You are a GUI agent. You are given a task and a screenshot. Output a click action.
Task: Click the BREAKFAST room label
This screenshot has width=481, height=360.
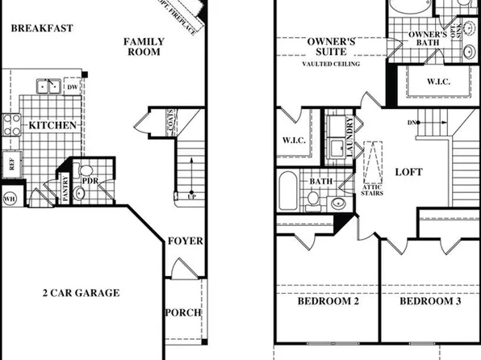point(42,28)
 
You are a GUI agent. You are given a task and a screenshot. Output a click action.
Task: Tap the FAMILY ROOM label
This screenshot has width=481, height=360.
point(144,47)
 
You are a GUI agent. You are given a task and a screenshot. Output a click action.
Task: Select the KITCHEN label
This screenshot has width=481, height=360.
point(52,125)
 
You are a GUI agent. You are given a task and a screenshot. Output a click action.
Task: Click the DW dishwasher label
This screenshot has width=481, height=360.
point(72,87)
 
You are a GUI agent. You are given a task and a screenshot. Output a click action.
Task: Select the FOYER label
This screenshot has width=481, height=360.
point(185,241)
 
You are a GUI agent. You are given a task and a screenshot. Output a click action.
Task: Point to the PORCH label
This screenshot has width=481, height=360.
point(183,312)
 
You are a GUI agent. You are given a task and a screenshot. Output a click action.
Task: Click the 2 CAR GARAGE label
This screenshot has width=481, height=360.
point(81,292)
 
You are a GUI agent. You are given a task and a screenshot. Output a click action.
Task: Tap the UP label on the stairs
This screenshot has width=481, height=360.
point(190,197)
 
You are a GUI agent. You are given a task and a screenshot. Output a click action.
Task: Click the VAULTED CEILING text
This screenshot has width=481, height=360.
point(331,64)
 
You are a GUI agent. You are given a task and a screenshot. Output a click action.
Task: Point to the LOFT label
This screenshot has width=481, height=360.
point(408,171)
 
